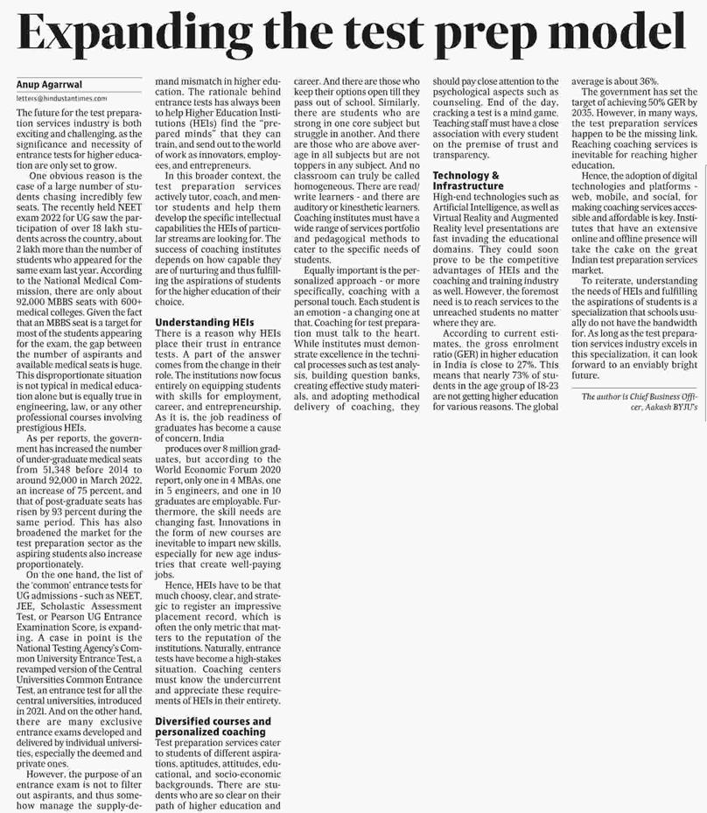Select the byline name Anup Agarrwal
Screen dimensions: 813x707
click(x=50, y=84)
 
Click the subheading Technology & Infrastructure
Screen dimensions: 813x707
click(x=468, y=180)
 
